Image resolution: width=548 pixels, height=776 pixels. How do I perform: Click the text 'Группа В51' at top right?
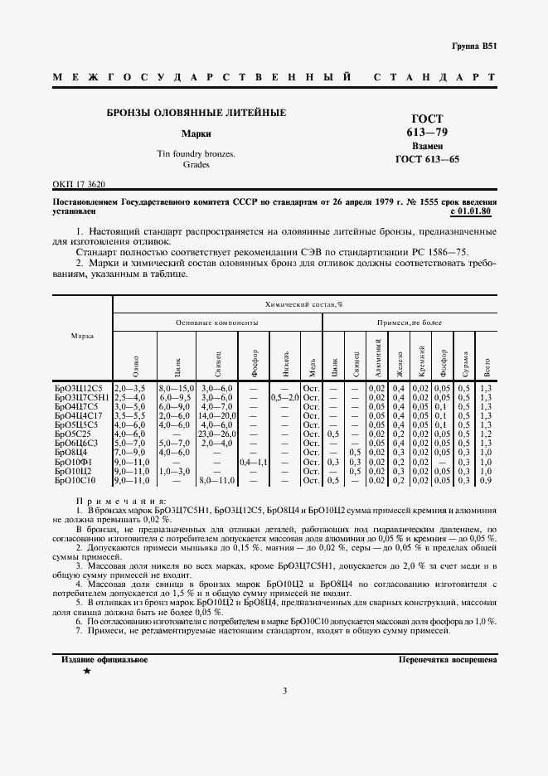pos(474,46)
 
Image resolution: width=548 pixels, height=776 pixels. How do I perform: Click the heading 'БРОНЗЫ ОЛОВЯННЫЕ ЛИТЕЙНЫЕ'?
pos(196,112)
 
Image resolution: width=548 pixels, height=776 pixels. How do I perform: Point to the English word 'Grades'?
pos(196,165)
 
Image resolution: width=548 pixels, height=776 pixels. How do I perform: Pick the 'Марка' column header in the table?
pos(82,336)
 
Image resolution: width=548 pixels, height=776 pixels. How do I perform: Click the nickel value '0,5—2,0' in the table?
pos(284,397)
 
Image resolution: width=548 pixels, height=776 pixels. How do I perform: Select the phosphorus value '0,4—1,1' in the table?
pos(253,461)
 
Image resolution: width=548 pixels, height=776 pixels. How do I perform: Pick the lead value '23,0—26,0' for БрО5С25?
pos(216,434)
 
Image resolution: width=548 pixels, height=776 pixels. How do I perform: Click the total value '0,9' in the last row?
pos(486,479)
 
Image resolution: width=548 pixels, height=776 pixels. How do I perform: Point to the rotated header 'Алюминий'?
pos(378,352)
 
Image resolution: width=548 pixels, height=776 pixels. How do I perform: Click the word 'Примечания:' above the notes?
pos(121,501)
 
